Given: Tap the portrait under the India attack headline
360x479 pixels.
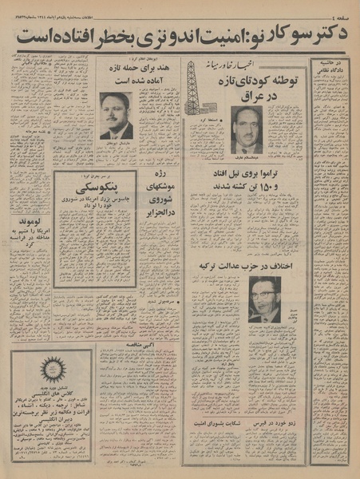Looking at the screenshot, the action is (116, 117).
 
